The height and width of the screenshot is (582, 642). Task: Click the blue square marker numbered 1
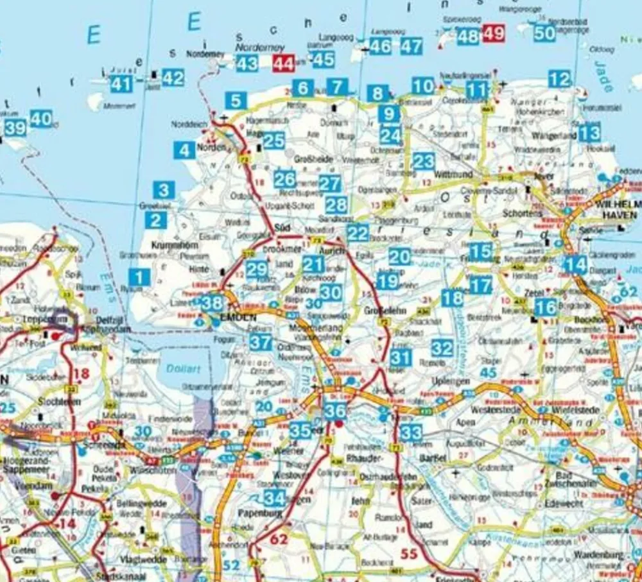tap(139, 277)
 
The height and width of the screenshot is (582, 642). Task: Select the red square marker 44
tap(283, 63)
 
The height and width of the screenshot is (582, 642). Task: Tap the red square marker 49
tap(494, 33)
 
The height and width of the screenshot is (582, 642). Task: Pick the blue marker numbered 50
tap(544, 33)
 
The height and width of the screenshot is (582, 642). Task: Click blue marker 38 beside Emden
tap(212, 302)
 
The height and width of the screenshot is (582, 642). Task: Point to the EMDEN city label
tap(238, 318)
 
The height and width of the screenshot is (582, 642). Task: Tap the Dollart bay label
tap(180, 370)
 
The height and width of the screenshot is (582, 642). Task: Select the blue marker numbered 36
tap(335, 411)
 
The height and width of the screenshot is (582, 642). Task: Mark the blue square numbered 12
tap(560, 79)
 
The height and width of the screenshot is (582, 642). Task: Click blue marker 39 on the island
tap(15, 128)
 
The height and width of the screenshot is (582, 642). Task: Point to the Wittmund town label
tap(454, 174)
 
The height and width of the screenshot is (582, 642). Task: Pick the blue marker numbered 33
tap(411, 432)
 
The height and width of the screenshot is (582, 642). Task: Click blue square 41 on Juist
tap(121, 83)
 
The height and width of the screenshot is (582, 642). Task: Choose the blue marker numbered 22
tap(358, 233)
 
